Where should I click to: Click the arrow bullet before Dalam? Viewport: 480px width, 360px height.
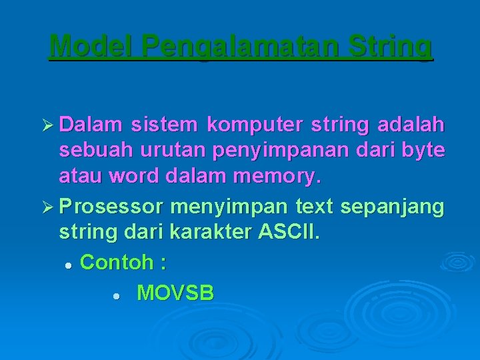(48, 125)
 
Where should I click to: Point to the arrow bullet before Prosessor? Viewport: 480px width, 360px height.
(48, 207)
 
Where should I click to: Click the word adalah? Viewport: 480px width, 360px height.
(411, 125)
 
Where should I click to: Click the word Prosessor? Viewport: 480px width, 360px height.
(111, 207)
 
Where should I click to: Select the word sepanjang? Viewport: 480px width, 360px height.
(392, 207)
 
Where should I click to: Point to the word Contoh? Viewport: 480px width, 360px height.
(117, 263)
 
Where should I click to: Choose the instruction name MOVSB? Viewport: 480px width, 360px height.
(175, 293)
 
